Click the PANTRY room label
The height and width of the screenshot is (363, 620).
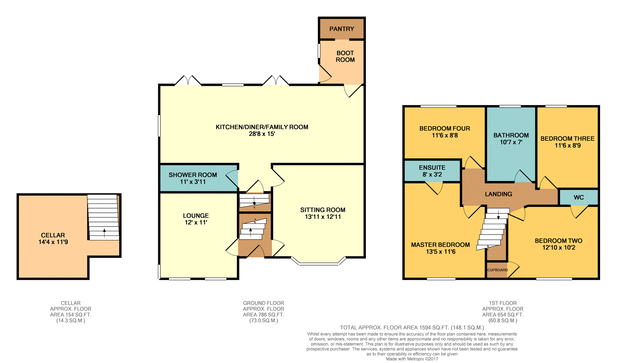[342, 29]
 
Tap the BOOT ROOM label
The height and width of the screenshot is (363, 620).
[345, 56]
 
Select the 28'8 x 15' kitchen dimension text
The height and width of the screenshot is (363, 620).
[262, 134]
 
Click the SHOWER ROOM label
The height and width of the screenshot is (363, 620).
[193, 175]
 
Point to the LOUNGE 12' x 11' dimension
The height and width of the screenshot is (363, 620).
[196, 223]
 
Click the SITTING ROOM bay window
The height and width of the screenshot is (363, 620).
[319, 261]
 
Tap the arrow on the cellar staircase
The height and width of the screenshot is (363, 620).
[104, 233]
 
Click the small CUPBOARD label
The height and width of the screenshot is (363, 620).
[497, 270]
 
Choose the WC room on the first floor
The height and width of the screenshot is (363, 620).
[579, 197]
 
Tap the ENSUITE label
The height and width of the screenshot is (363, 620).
[432, 168]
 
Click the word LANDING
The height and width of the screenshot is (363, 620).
[498, 194]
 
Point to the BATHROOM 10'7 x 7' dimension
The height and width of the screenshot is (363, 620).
[511, 142]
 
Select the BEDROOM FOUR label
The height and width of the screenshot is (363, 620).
[445, 128]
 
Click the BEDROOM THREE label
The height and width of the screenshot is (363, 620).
[567, 139]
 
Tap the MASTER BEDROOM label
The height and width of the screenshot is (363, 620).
[440, 245]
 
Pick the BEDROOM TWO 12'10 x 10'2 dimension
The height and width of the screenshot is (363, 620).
[559, 248]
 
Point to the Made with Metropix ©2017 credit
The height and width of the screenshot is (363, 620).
[412, 359]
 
